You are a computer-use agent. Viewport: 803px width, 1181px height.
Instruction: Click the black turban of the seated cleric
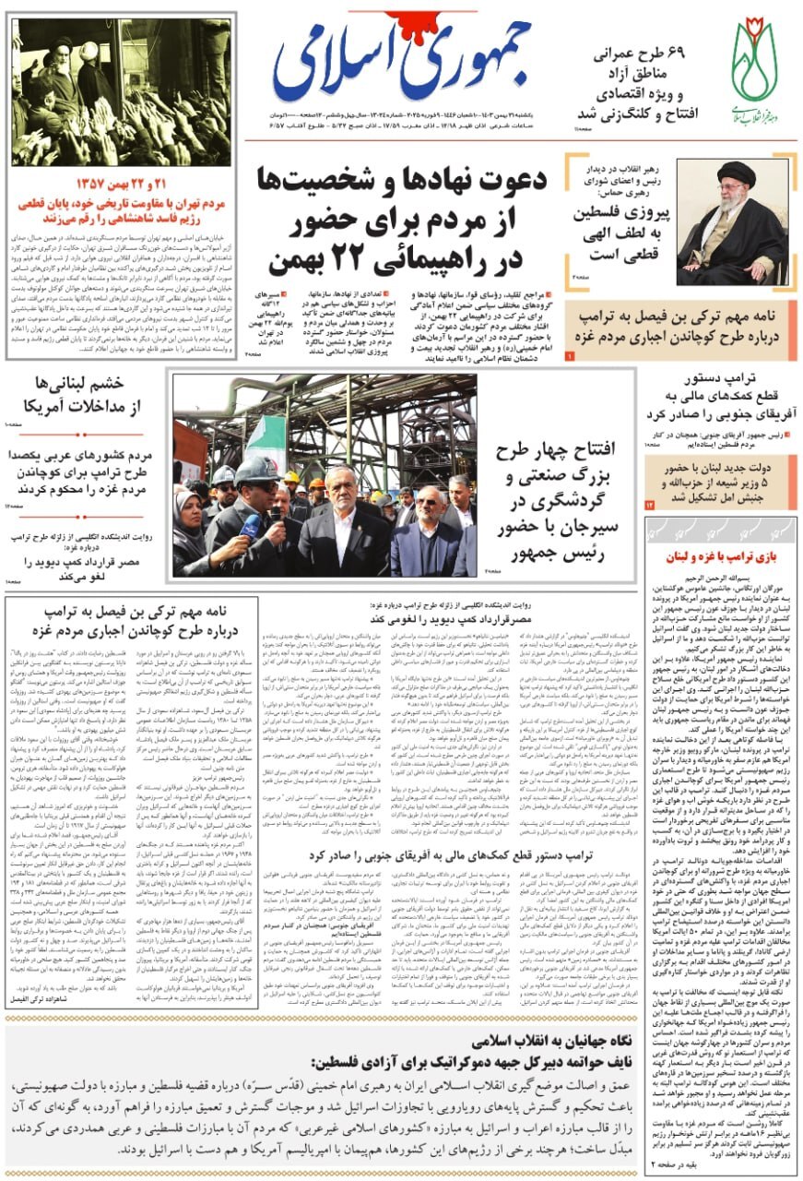click(737, 173)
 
